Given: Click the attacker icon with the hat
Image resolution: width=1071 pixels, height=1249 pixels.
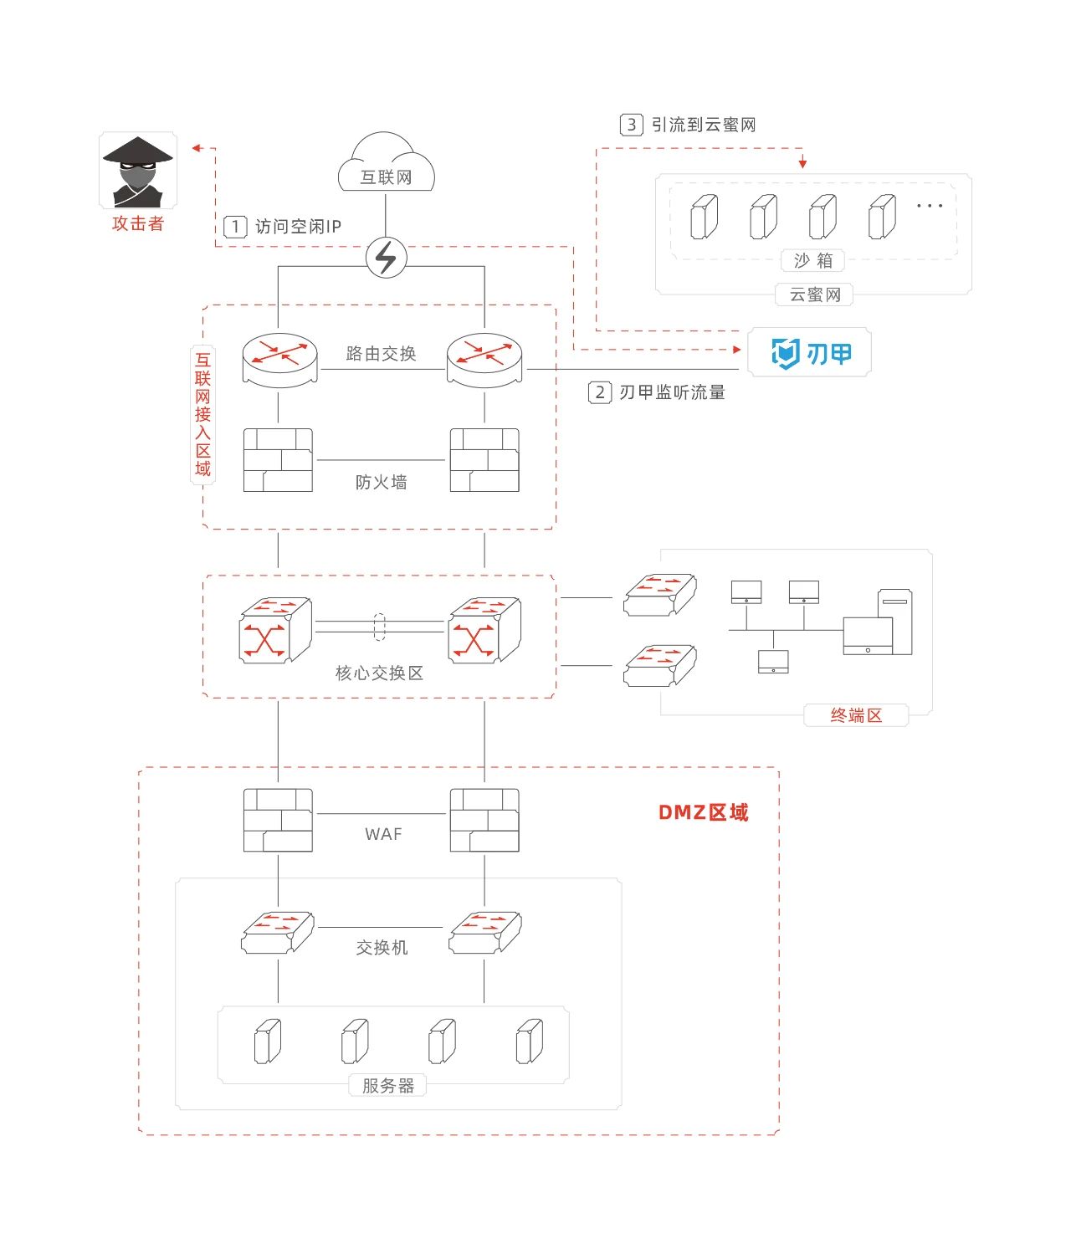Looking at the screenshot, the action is (138, 171).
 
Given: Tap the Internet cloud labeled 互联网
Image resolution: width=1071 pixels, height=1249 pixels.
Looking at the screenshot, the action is (386, 162).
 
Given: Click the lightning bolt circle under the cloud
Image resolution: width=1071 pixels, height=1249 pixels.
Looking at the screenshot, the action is (387, 258).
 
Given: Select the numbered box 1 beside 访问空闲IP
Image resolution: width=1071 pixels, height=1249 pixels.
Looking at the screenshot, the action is (235, 228).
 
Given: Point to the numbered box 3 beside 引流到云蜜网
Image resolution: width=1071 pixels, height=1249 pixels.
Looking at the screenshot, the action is (631, 125).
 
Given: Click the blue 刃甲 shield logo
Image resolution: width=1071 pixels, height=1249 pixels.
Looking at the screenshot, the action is (785, 354).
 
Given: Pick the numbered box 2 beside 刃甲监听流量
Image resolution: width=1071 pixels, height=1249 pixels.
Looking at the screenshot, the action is (600, 392).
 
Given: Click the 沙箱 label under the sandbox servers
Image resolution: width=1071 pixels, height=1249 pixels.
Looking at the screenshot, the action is (813, 260).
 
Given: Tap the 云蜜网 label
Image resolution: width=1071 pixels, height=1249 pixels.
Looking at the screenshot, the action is (814, 294).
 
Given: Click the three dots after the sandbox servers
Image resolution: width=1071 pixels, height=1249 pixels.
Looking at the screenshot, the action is (929, 206).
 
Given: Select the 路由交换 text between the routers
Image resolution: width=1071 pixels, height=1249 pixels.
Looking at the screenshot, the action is (381, 354).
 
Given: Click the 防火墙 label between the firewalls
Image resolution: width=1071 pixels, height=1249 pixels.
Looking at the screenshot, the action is (381, 482).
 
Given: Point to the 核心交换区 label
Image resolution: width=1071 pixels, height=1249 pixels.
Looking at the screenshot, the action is (379, 673).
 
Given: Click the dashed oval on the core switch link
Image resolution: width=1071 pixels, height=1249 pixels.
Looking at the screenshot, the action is (379, 627).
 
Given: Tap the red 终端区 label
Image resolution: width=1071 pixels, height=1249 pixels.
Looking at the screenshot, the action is (856, 715).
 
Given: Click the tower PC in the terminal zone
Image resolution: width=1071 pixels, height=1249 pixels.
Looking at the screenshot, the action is (894, 622).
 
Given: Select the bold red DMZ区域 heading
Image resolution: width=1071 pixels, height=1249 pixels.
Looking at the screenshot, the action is (703, 812).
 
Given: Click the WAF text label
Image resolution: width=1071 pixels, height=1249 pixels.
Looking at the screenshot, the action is (383, 834).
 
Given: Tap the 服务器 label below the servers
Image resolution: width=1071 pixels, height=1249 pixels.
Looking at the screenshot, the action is (387, 1085).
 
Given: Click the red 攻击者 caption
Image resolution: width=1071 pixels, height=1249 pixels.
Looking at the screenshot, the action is (138, 223).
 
